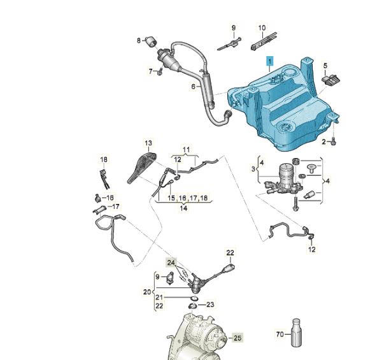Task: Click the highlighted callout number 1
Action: pos(270,61)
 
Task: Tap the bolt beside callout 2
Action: pos(334,141)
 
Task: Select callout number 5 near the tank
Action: pos(325,66)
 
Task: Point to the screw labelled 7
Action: pos(160,71)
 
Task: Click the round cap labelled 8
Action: pos(151,41)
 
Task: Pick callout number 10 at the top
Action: pos(262,27)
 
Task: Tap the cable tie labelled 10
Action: pos(264,41)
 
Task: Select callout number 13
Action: pos(148,143)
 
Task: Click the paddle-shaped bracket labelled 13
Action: pos(142,168)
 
